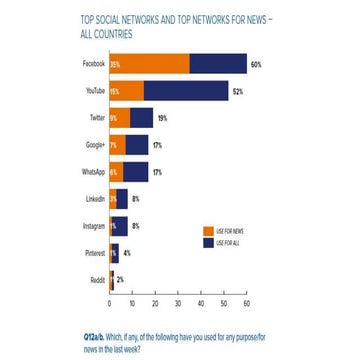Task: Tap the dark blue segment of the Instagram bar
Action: point(124,225)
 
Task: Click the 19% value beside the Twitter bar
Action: point(163,118)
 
